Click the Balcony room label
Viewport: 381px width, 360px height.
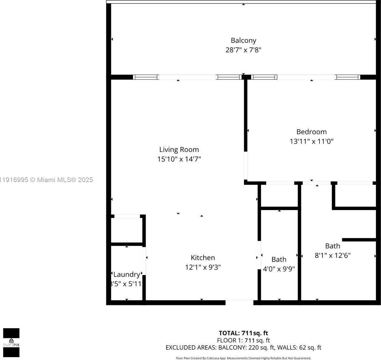click(243, 41)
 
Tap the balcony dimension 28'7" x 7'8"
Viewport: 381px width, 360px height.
click(243, 50)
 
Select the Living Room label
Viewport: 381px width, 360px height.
click(179, 150)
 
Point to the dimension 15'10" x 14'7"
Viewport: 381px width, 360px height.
click(179, 159)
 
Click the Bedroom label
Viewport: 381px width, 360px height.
click(311, 132)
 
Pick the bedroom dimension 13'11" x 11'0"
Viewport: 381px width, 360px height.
click(311, 141)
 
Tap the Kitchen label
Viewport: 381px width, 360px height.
click(203, 258)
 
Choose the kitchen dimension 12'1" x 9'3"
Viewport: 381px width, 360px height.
click(203, 267)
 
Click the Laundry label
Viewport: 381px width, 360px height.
click(126, 274)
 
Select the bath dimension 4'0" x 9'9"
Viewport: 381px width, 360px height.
click(279, 269)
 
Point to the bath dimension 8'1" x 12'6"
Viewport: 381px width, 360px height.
click(333, 255)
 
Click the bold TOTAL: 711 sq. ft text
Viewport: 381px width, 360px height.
click(243, 333)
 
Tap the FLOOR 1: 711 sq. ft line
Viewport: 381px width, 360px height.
click(243, 340)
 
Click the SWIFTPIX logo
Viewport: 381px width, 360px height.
click(11, 342)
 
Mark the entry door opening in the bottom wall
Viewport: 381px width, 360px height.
click(239, 302)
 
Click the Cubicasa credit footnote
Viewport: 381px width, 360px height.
click(243, 358)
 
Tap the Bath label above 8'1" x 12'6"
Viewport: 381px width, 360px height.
click(333, 246)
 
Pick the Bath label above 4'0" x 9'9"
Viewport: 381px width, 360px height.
click(279, 260)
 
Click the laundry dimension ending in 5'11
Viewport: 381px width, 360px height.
click(126, 284)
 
